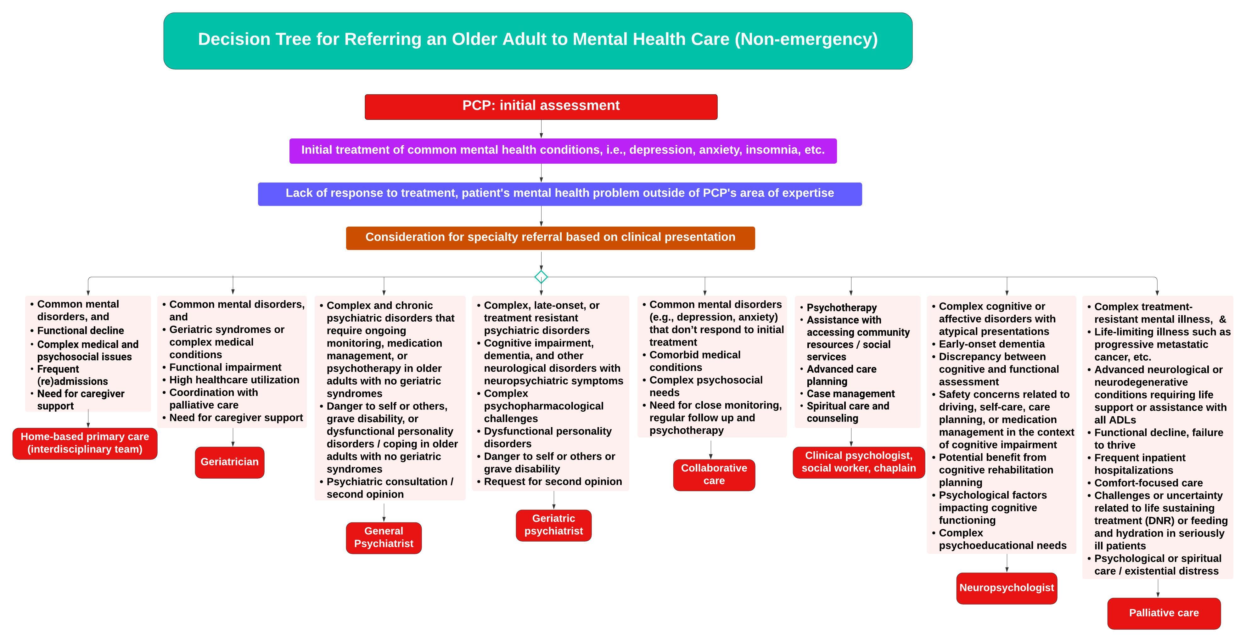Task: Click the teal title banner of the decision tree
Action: [537, 41]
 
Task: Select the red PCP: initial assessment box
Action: [541, 106]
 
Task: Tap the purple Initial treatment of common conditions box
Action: [563, 150]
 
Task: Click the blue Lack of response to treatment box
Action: [560, 194]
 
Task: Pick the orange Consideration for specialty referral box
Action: [550, 238]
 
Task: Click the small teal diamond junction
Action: [541, 277]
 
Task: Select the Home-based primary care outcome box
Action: [85, 443]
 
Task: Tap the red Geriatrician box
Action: [229, 462]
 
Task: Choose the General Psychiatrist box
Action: [384, 538]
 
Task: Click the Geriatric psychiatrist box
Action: [553, 525]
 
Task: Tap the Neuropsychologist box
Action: [1006, 588]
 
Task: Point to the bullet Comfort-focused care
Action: [1148, 483]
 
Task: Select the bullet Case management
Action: [850, 394]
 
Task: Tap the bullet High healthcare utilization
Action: [234, 380]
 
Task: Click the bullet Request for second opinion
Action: [553, 482]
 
